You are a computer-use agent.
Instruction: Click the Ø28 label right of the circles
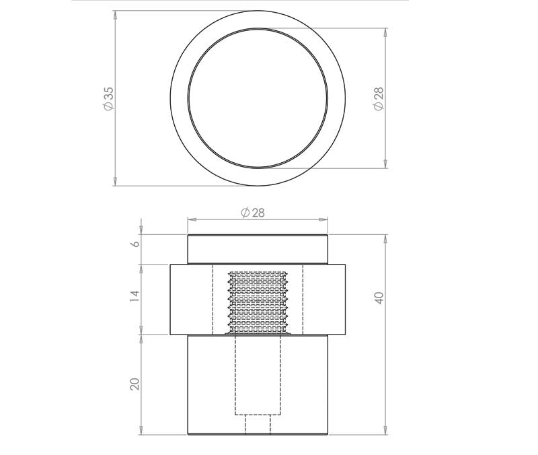pos(379,98)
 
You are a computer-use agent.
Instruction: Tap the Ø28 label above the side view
pos(252,212)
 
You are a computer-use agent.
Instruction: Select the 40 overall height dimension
pos(379,297)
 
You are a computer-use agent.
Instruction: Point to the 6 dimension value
pos(134,244)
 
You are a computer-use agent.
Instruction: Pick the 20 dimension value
pos(134,384)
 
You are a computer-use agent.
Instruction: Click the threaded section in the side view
pos(258,302)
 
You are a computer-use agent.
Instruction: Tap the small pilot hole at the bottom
pos(258,425)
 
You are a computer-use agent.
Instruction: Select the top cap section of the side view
pos(258,249)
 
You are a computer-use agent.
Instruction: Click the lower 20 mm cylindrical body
pos(208,384)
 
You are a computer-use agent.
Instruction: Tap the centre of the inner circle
pos(258,98)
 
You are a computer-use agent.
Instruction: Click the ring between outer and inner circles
pos(180,98)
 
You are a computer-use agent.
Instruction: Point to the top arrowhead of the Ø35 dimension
pos(115,14)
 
